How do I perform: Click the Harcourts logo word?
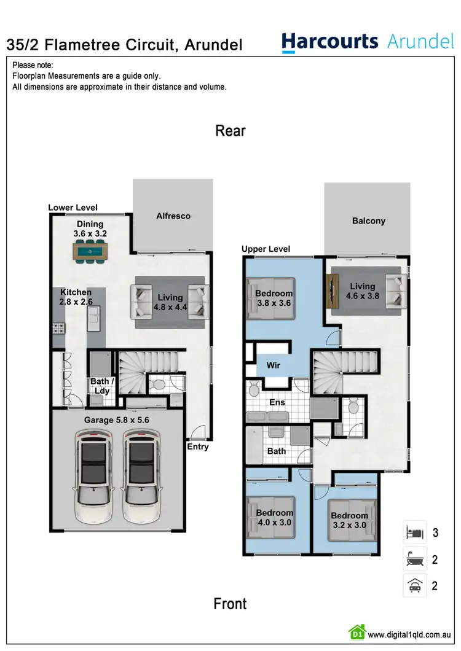click(329, 42)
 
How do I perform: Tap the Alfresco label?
click(173, 216)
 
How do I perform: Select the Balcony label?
click(369, 221)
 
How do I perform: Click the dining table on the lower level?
click(90, 251)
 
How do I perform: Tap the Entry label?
click(198, 446)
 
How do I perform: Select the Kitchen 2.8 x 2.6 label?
click(76, 297)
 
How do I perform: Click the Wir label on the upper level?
click(274, 365)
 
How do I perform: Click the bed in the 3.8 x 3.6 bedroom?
click(270, 298)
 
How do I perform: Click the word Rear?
click(230, 131)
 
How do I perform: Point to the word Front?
click(230, 604)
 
